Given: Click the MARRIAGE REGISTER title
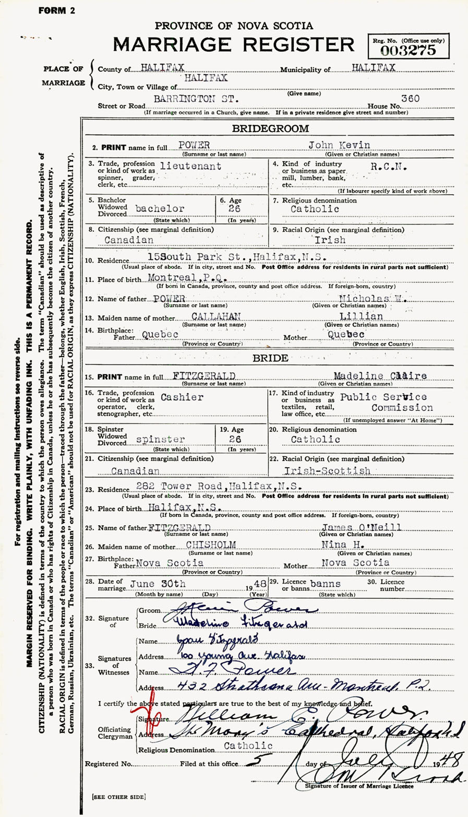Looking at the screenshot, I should (234, 44).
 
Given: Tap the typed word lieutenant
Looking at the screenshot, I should (191, 166).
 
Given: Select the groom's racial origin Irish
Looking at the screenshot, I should (330, 240).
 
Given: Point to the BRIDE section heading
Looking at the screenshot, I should (270, 359).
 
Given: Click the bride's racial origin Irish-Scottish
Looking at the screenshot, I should (339, 470).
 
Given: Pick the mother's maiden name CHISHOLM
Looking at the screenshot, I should (210, 544).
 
